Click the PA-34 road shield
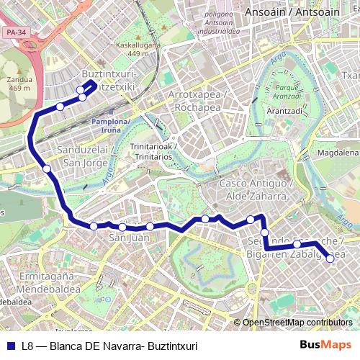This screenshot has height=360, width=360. pyautogui.click(x=14, y=32)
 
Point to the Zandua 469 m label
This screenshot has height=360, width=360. pyautogui.click(x=18, y=84)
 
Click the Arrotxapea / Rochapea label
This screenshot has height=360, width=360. pyautogui.click(x=197, y=101)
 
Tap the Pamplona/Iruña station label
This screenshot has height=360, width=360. pyautogui.click(x=110, y=125)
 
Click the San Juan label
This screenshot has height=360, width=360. pyautogui.click(x=124, y=237)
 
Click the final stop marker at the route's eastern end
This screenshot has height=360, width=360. pyautogui.click(x=330, y=259)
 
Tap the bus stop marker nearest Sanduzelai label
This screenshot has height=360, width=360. pyautogui.click(x=47, y=169)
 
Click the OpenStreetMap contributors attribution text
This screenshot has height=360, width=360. pyautogui.click(x=297, y=323)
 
